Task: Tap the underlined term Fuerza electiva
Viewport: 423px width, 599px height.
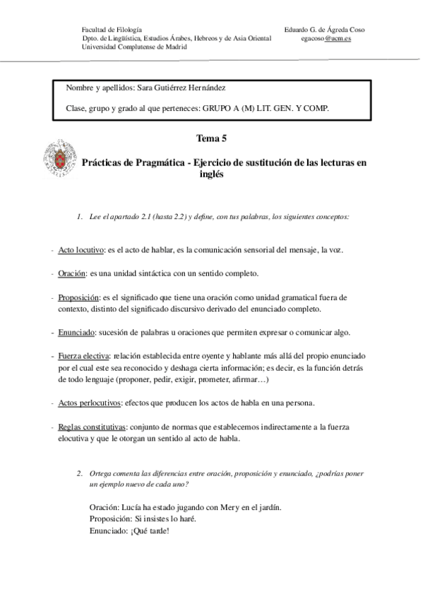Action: click(x=84, y=357)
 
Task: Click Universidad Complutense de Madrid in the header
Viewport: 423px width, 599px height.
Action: click(x=135, y=47)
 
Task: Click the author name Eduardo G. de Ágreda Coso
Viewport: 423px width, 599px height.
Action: click(x=324, y=30)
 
